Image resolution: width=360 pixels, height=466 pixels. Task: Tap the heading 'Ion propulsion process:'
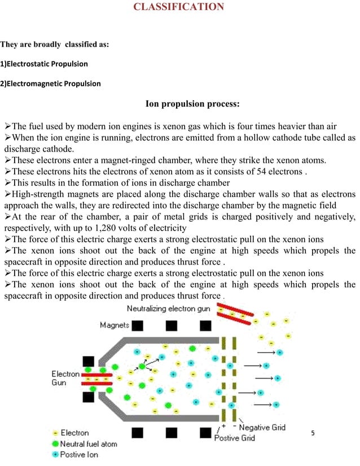[193, 104]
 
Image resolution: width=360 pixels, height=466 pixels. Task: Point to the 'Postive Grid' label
[234, 438]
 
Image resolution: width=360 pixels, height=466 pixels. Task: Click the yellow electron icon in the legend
[55, 433]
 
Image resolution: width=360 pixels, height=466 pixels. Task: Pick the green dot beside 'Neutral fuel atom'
[55, 443]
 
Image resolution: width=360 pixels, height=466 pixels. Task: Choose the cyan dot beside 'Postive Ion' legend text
[55, 454]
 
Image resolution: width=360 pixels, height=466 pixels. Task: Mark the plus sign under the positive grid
[224, 425]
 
